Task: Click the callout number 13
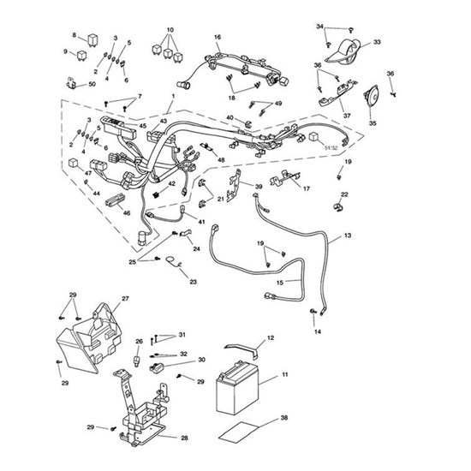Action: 347,235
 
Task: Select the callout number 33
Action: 378,41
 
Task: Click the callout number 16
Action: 218,38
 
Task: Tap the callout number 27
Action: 125,299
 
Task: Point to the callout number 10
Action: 170,29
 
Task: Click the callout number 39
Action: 259,187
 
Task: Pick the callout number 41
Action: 202,222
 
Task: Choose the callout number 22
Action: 345,194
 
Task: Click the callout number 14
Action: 318,331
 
